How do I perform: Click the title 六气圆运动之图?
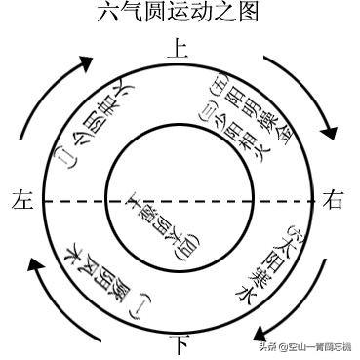pyautogui.click(x=179, y=13)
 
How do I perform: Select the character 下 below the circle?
pyautogui.click(x=179, y=344)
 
